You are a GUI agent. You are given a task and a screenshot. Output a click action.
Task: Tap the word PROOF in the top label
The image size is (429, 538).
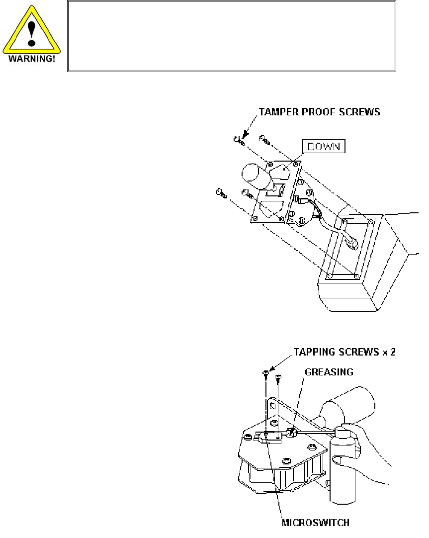[316, 112]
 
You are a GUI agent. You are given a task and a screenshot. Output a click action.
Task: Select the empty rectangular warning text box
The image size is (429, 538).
[232, 36]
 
